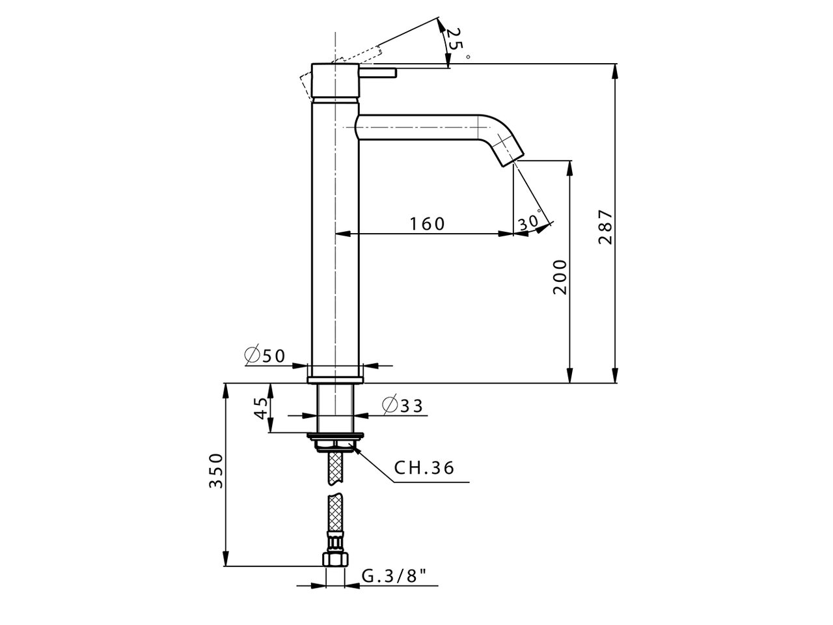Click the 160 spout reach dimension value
(x=427, y=223)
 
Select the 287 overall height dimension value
(x=605, y=227)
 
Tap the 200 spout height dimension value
(x=560, y=277)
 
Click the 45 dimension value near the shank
(x=261, y=409)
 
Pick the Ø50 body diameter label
(x=265, y=355)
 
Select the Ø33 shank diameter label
(x=402, y=406)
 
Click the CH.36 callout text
(x=424, y=467)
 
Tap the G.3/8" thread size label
(x=394, y=576)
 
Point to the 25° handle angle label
(x=456, y=42)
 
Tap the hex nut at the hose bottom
(x=335, y=559)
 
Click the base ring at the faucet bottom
(x=335, y=378)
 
